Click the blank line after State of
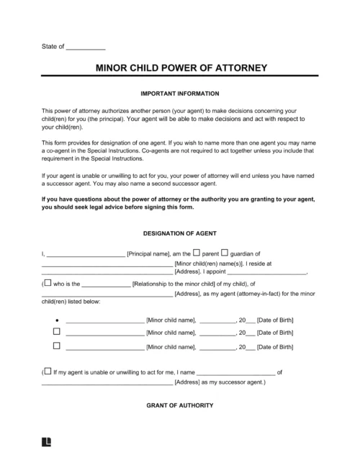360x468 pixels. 86,48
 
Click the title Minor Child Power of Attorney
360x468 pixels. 181,70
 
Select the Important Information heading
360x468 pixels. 181,94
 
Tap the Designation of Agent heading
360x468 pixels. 181,233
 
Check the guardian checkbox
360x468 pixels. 224,252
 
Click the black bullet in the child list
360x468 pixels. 57,319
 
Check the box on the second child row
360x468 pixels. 57,332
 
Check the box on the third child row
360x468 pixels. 57,346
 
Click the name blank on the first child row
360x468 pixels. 104,320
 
